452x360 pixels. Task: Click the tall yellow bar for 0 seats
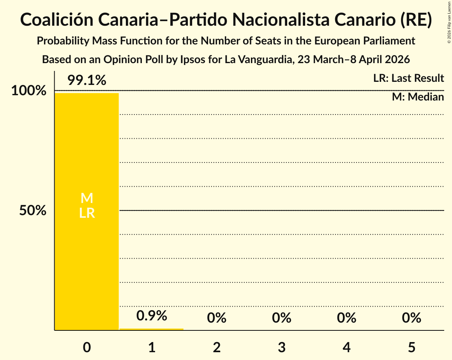pos(87,156)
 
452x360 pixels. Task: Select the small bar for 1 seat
pos(151,329)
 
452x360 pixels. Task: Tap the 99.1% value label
pos(87,81)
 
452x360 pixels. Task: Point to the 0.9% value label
pos(152,316)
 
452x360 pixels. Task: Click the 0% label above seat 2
pos(217,318)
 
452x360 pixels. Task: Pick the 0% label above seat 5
pos(411,318)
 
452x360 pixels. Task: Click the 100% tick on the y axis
pos(28,91)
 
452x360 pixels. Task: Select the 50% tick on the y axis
pos(33,211)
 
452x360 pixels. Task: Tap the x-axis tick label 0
pos(87,347)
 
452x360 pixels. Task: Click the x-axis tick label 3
pos(282,347)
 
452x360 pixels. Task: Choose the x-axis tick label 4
pos(347,347)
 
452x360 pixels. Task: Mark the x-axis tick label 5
pos(411,347)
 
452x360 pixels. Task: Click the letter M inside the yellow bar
pos(87,198)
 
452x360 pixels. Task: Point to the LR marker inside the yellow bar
pos(87,213)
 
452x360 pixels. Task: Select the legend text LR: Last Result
pos(408,78)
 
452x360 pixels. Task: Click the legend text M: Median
pos(418,97)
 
